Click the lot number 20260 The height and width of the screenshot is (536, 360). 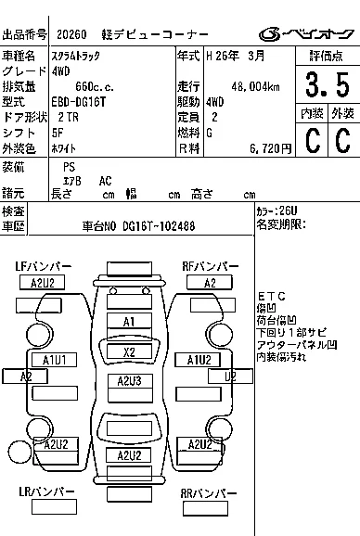click(x=74, y=34)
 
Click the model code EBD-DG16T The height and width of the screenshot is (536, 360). click(x=84, y=102)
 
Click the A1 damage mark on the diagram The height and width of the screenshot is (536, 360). click(x=130, y=321)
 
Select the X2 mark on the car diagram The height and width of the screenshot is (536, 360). click(x=130, y=351)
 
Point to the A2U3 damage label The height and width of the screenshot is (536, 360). click(x=130, y=381)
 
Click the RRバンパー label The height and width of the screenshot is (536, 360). click(x=212, y=493)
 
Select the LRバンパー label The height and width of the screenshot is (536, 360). click(x=47, y=493)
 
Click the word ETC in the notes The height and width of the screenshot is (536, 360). click(x=270, y=296)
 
